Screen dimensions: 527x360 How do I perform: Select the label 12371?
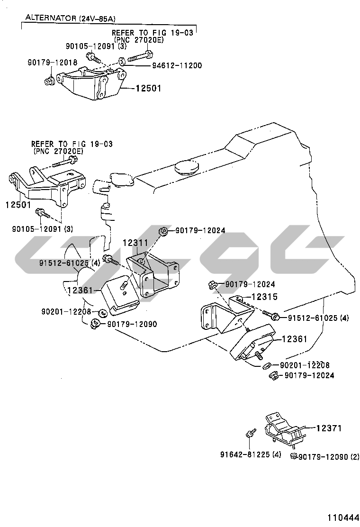click(x=328, y=428)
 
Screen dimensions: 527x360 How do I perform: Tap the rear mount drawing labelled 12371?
click(x=283, y=429)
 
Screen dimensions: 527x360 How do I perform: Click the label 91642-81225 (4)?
click(x=251, y=454)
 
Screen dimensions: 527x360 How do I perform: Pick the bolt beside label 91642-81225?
click(x=250, y=433)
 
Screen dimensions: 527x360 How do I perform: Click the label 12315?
click(x=264, y=297)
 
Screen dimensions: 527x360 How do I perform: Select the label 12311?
click(x=136, y=243)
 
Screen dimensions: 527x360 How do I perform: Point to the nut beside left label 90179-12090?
click(x=95, y=324)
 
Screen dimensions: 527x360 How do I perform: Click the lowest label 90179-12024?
click(x=309, y=375)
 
